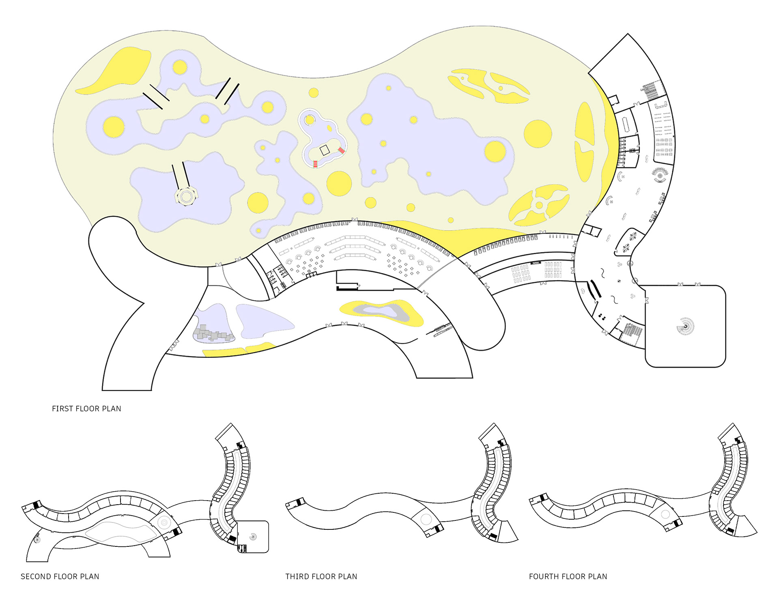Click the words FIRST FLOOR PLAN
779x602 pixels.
(x=86, y=408)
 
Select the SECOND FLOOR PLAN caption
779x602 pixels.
(x=60, y=576)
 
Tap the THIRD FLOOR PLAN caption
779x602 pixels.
(x=321, y=576)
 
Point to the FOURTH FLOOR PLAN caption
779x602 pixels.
(x=568, y=576)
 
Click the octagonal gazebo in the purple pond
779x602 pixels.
(x=186, y=197)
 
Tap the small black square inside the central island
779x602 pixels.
(x=325, y=150)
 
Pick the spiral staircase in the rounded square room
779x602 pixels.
(x=686, y=326)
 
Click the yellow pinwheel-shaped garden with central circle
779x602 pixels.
(x=539, y=205)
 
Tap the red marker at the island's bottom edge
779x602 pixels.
(x=315, y=164)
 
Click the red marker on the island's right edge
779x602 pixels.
(x=342, y=150)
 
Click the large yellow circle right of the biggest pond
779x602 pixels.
(x=538, y=134)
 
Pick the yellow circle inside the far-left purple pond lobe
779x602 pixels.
(x=113, y=127)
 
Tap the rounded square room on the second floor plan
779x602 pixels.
(x=253, y=536)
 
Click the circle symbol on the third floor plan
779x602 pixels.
(x=426, y=519)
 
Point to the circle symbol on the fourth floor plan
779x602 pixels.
(x=665, y=514)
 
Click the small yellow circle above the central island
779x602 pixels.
(x=313, y=93)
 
